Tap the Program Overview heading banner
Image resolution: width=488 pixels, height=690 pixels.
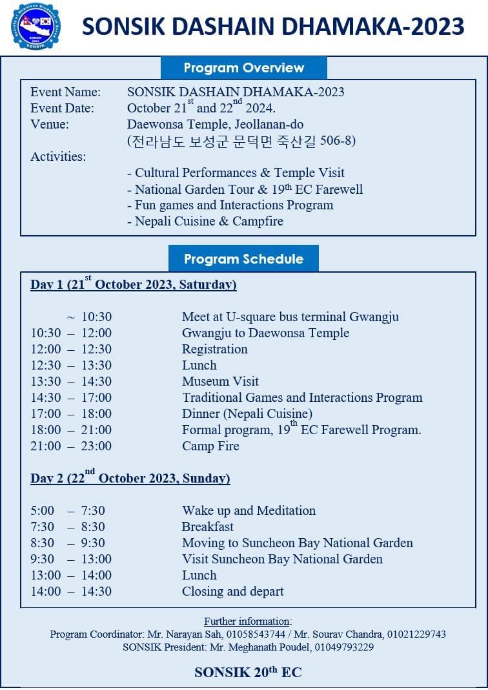point(243,68)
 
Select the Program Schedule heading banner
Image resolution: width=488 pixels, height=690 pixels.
point(243,259)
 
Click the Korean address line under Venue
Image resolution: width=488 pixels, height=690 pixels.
point(241,141)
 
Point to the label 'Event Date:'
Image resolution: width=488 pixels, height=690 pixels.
point(62,109)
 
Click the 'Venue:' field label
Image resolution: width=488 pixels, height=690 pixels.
point(50,125)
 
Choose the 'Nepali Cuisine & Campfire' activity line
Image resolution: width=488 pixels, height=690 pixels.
point(205,222)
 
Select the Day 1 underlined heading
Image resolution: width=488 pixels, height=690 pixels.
point(133,284)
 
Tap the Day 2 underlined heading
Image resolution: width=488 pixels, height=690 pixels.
point(130,478)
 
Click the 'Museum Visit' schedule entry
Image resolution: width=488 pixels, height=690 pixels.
point(220,381)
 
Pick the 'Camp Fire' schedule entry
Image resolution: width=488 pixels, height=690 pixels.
point(210,446)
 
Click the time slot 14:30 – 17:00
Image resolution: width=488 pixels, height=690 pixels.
point(71,397)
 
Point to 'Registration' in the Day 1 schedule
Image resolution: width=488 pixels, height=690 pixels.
point(214,349)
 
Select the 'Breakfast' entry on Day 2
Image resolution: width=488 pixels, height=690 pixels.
point(207,527)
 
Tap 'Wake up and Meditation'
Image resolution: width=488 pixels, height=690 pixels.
point(249,510)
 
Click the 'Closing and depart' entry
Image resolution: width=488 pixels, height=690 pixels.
point(232,591)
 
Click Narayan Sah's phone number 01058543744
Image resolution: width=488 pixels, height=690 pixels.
point(256,634)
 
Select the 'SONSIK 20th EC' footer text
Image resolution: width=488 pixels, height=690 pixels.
point(248,673)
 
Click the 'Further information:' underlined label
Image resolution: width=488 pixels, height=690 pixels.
point(248,622)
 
